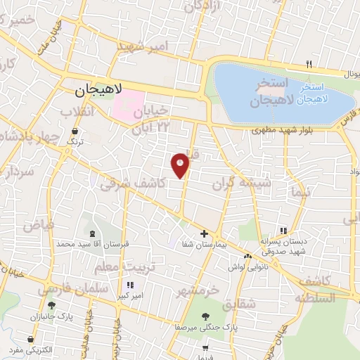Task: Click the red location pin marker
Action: [181, 165]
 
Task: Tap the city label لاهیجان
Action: [98, 91]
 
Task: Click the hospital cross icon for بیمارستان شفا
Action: [204, 233]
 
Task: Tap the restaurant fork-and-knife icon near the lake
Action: [309, 65]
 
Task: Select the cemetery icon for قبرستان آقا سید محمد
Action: [94, 233]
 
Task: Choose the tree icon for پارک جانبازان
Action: [51, 305]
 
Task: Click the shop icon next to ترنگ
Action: [75, 131]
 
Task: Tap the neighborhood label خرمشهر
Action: [198, 290]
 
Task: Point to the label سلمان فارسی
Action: [67, 288]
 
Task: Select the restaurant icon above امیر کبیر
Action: [129, 285]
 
